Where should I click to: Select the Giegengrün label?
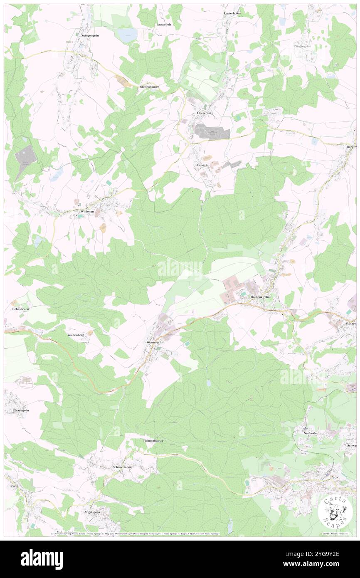tap(303, 46)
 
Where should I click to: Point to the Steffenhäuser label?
tap(150, 86)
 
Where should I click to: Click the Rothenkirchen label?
tap(261, 297)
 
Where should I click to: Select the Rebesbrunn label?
tap(20, 309)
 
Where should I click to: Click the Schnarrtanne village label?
tap(123, 467)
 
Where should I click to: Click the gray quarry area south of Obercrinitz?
tap(212, 132)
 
